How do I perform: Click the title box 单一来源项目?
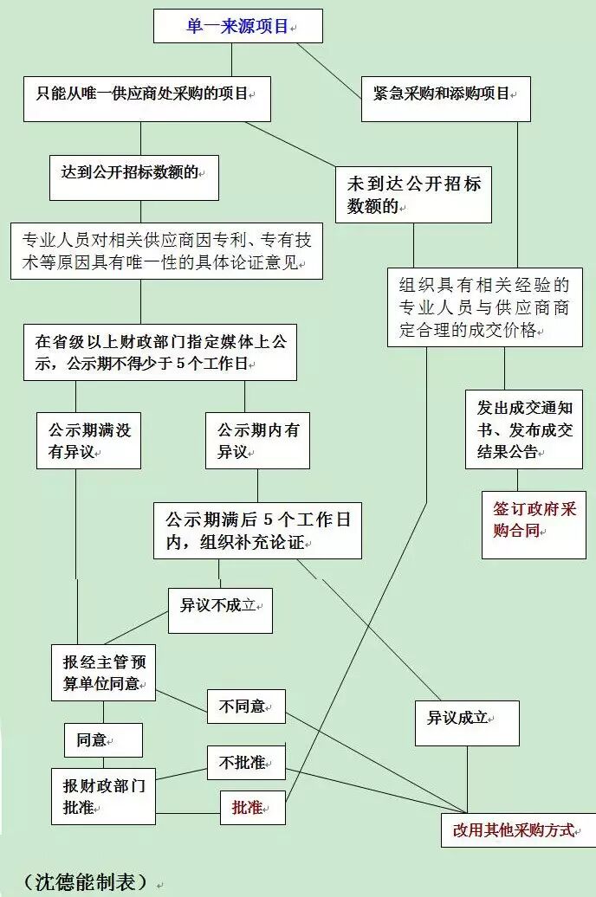[x=238, y=26]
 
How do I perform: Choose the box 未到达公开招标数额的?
[x=413, y=195]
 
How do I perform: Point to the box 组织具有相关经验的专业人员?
[x=484, y=307]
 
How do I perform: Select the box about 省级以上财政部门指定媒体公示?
[x=159, y=352]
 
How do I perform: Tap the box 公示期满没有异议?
[x=88, y=441]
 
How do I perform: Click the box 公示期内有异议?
[x=257, y=441]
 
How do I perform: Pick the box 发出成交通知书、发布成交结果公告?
[x=523, y=429]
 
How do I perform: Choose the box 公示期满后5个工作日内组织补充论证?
[x=257, y=531]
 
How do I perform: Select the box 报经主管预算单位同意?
[x=103, y=673]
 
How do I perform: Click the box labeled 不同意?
[x=246, y=707]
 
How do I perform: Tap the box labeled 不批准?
[x=246, y=763]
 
